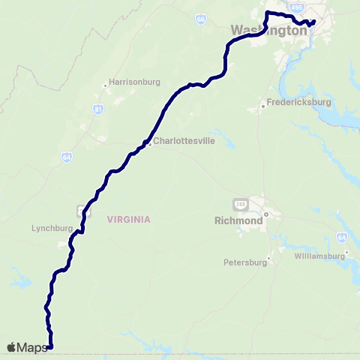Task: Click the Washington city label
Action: [269, 31]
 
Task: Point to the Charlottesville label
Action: [179, 140]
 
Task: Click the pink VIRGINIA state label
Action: [129, 219]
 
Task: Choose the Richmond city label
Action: [238, 222]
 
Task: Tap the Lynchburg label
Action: [51, 228]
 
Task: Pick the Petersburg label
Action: [245, 263]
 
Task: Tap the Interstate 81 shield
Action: [98, 110]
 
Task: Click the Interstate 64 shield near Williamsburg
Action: [341, 237]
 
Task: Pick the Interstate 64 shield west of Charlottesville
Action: [67, 157]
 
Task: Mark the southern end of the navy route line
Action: [51, 346]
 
